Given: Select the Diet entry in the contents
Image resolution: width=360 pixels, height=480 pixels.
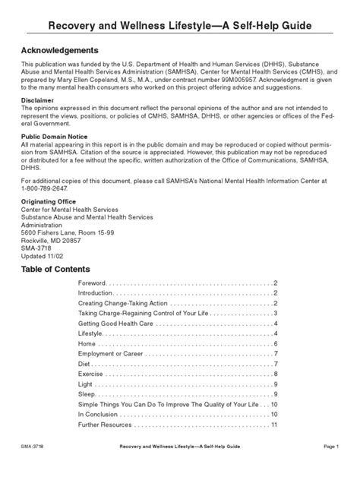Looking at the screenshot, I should pyautogui.click(x=86, y=364).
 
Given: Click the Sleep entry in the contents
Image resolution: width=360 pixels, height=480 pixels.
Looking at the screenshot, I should pyautogui.click(x=88, y=394).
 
